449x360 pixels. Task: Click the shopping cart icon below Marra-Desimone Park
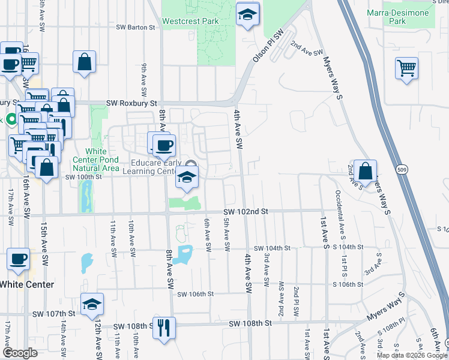406,68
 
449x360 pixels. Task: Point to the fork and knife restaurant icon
163,328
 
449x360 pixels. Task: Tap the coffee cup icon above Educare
163,144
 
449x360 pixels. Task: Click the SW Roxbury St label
131,103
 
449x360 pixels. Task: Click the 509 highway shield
403,170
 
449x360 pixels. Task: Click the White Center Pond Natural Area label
95,160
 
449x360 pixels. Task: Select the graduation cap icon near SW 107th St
91,304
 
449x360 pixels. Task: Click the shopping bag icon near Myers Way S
364,171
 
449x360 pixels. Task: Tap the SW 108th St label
250,323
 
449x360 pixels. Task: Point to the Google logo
20,353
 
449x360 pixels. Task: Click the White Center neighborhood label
27,284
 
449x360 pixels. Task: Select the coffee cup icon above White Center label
18,259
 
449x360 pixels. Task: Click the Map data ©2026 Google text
411,355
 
